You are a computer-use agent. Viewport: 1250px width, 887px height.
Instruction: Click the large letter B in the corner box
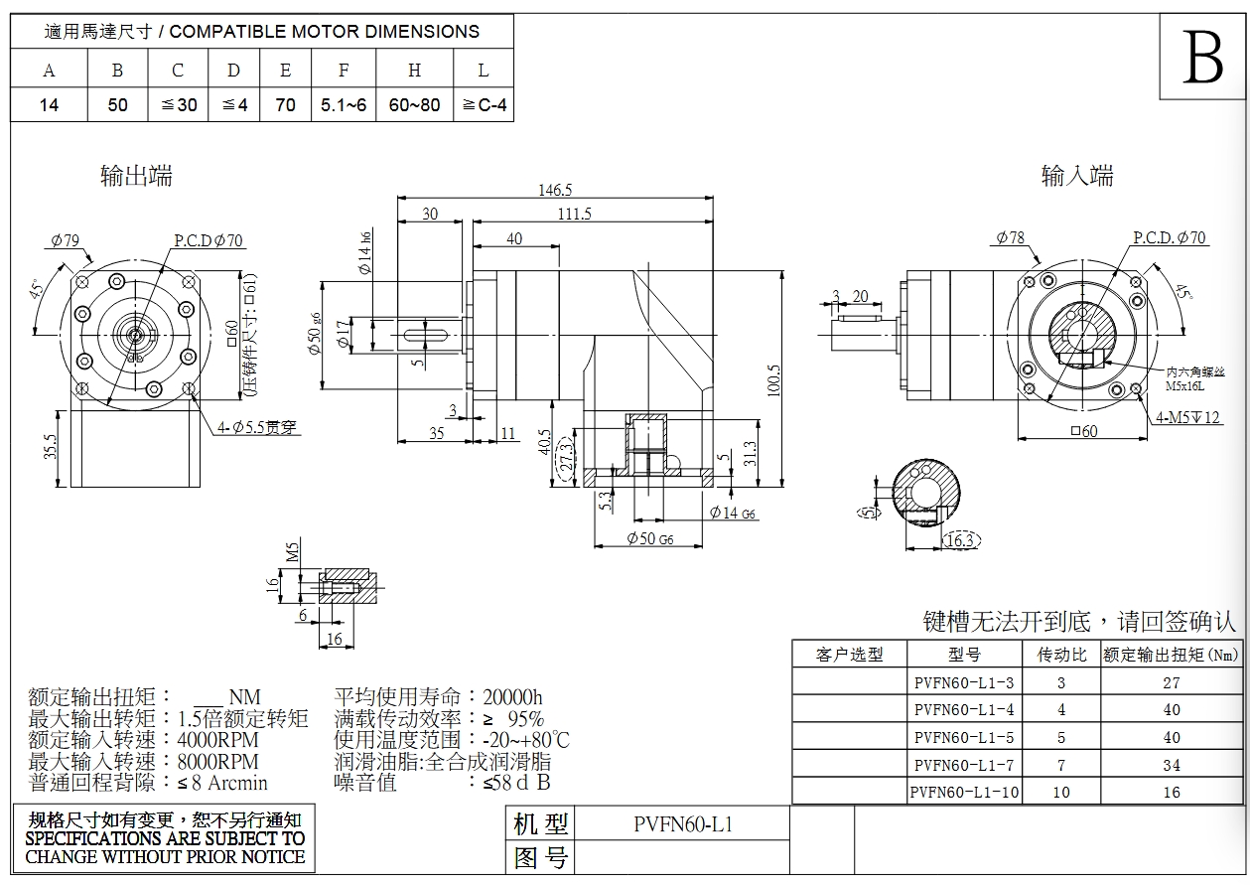click(x=1203, y=60)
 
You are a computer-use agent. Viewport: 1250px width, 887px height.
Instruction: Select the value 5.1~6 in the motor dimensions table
click(x=344, y=104)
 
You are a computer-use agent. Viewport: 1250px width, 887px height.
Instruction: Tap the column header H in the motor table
click(x=414, y=70)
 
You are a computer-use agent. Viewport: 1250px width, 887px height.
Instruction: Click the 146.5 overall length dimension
click(x=555, y=191)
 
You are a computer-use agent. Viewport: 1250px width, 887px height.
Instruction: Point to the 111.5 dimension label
click(x=574, y=214)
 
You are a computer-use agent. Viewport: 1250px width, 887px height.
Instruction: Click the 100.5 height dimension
click(x=773, y=379)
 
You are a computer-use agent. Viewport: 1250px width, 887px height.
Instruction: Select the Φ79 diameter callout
click(x=65, y=239)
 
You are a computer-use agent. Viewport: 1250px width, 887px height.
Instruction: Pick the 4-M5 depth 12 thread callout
click(x=1187, y=417)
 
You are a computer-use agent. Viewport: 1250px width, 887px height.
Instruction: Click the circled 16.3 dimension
click(x=960, y=539)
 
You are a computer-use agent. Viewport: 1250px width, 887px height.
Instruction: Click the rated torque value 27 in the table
click(x=1172, y=682)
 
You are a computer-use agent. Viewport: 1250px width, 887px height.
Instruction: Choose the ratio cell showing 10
click(x=1060, y=793)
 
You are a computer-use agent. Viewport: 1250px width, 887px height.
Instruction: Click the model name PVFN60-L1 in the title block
click(x=683, y=823)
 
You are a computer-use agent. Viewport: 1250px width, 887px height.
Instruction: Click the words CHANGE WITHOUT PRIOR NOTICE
click(x=165, y=856)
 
